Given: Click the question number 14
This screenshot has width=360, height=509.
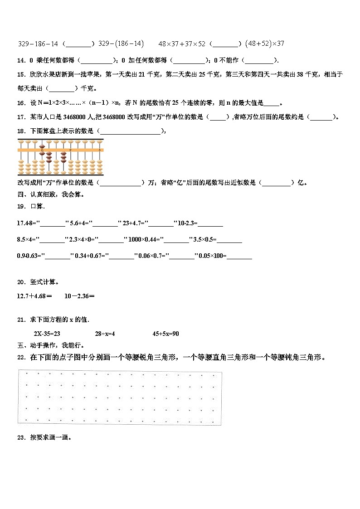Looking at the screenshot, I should coord(21,60).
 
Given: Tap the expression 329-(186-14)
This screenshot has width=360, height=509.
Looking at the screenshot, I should coord(121,44).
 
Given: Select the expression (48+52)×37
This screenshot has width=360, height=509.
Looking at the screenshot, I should coord(264,44).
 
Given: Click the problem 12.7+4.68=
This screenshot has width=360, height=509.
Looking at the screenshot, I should coord(34,296).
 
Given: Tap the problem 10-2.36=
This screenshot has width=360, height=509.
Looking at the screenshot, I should coord(79,296).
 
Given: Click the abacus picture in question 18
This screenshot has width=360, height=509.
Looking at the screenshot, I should coord(61,157).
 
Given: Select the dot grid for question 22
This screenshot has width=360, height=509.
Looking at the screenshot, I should coord(120,398).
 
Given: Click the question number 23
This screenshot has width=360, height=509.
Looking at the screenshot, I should coord(21,438).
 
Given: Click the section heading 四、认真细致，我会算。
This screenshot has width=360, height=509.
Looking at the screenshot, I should coord(50,194).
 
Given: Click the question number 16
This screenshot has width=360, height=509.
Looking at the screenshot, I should coord(21,103).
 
